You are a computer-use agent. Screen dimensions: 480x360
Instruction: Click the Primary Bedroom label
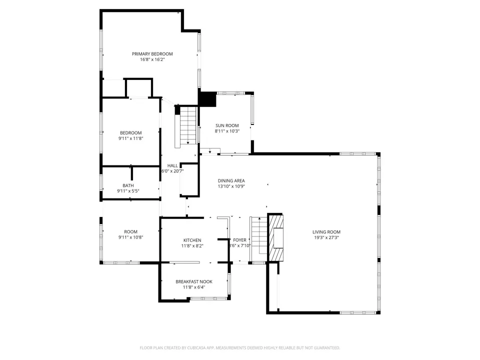152,54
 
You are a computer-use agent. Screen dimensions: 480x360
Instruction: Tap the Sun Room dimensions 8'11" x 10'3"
227,131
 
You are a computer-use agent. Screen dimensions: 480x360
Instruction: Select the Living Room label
326,232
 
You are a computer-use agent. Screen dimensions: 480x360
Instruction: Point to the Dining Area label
231,180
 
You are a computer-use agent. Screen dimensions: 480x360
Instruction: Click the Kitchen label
192,240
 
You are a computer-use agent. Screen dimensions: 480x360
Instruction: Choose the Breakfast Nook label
194,281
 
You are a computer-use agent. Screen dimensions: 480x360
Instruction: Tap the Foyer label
239,240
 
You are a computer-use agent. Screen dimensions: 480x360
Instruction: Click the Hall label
172,165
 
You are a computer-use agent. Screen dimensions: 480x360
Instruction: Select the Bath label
128,185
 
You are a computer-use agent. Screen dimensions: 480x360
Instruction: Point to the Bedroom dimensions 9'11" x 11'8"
130,138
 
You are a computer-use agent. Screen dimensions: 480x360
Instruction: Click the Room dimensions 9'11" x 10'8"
130,237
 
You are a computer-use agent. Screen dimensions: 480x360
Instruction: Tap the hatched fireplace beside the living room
275,238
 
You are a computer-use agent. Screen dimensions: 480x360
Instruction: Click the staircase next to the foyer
259,235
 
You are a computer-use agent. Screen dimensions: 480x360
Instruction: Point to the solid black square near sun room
207,98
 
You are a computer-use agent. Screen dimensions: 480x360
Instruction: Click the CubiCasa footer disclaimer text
239,348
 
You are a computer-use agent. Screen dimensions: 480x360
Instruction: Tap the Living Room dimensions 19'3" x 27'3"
326,237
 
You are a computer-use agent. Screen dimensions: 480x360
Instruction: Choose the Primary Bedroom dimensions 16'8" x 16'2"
152,59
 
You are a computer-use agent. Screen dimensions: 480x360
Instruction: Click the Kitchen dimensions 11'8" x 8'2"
192,246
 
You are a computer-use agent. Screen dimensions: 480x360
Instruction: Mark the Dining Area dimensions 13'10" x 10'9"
231,186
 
